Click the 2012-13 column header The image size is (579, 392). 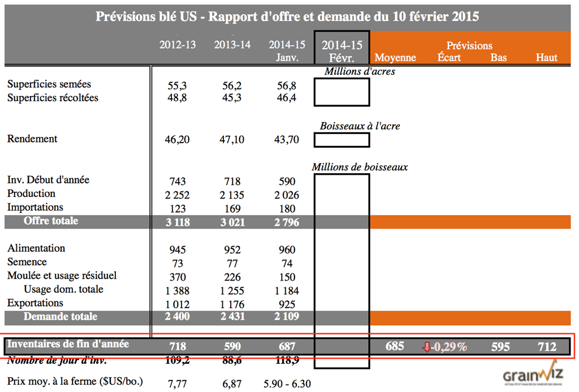pos(178,45)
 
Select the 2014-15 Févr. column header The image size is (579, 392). pos(342,51)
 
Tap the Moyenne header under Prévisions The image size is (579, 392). pos(395,58)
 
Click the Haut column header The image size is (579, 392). pos(546,58)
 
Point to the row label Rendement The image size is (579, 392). pos(32,139)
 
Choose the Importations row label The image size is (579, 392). pos(35,207)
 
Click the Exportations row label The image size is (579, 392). pos(35,303)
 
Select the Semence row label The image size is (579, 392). pos(27,262)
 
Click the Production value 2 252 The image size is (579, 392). pos(178,195)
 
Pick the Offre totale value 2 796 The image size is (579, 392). pos(287,222)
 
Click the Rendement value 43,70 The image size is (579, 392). pos(287,140)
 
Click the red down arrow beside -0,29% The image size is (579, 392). pos(426,347)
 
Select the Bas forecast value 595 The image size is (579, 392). pos(500,347)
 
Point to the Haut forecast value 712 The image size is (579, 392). pos(547,347)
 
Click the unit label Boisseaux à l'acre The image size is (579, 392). pos(360,126)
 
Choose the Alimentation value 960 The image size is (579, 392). pos(287,250)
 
